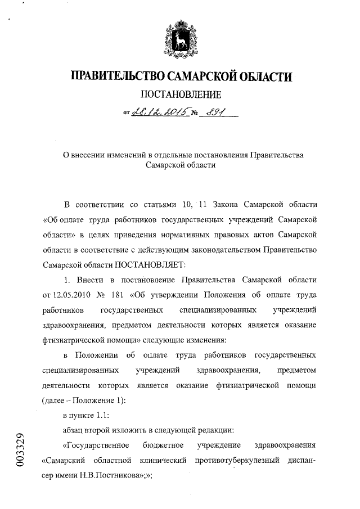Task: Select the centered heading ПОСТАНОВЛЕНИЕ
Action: tap(180, 94)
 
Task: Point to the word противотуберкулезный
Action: tap(241, 461)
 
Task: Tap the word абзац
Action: tap(74, 431)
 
